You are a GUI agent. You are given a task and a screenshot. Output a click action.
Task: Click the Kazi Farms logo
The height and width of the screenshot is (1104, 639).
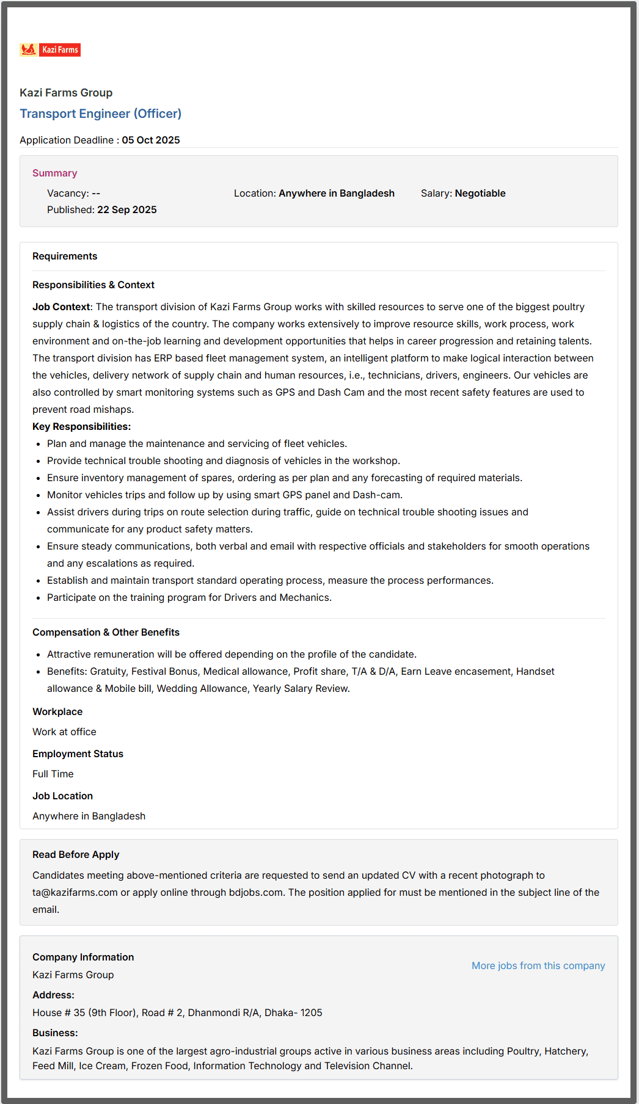[x=50, y=50]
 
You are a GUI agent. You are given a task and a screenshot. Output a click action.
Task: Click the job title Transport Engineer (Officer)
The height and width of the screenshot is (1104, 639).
[x=100, y=114]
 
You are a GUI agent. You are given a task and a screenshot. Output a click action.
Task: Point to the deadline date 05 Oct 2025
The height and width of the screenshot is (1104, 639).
[x=150, y=140]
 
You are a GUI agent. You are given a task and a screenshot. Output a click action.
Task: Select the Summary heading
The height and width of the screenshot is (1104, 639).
[x=54, y=173]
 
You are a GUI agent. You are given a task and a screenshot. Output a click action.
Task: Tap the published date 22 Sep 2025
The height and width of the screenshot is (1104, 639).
[x=126, y=209]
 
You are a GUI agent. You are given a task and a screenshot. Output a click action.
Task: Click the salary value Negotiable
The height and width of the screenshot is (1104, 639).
[x=480, y=193]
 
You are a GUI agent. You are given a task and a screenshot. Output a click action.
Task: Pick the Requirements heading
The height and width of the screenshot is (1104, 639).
[x=65, y=256]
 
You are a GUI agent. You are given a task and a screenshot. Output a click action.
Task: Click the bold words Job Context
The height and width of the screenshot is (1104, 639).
[x=61, y=307]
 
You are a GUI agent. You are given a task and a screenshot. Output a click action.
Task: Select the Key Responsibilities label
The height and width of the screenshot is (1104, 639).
[x=81, y=426]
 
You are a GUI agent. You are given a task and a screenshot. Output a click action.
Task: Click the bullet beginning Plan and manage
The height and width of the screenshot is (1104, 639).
[x=197, y=443]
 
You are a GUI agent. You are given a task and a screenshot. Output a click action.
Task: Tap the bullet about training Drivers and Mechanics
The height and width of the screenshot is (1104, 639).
[x=189, y=597]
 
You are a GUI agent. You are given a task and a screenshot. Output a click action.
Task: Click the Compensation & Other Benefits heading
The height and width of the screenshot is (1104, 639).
[x=106, y=632]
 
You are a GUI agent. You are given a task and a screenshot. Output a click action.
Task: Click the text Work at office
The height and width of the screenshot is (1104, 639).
[x=64, y=732]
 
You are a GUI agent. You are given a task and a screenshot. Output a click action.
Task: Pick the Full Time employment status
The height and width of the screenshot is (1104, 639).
[x=53, y=774]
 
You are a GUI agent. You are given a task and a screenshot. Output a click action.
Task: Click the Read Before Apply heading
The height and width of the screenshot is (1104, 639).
[x=76, y=854]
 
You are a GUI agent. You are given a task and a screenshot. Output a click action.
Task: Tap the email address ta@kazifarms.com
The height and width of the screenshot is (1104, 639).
[x=75, y=892]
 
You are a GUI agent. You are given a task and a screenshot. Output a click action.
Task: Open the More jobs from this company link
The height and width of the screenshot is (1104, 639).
[x=538, y=965]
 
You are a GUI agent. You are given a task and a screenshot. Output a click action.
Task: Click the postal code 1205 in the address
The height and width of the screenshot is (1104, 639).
[x=311, y=1012]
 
